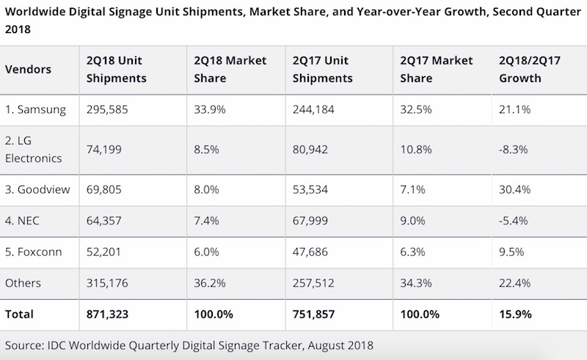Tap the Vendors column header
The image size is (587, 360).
[29, 69]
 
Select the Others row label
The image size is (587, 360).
[23, 283]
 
